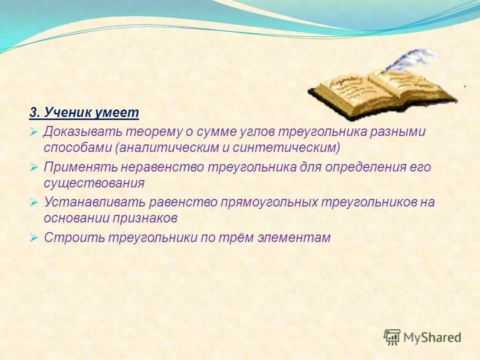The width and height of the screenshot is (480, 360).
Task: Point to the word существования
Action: tap(94, 183)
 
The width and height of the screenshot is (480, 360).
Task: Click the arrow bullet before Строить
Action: tap(33, 237)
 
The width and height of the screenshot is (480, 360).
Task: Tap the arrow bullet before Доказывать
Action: tap(33, 132)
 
